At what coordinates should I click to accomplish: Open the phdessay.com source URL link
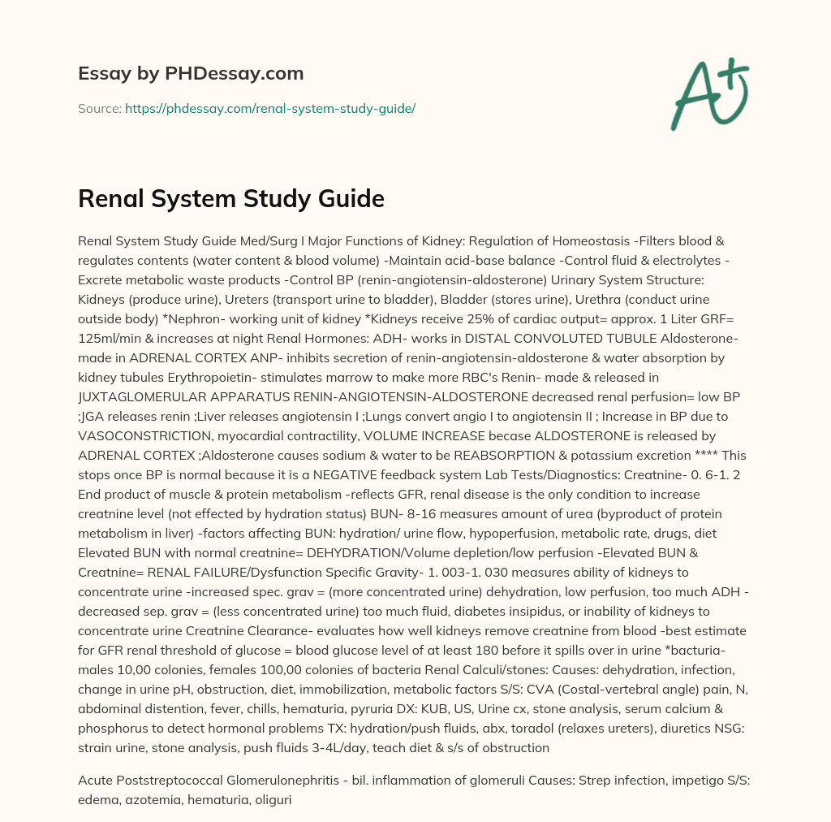point(269,108)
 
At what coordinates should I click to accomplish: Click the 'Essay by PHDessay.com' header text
point(191,74)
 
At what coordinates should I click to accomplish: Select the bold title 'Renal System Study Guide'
point(230,199)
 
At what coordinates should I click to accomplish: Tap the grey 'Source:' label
point(99,108)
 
